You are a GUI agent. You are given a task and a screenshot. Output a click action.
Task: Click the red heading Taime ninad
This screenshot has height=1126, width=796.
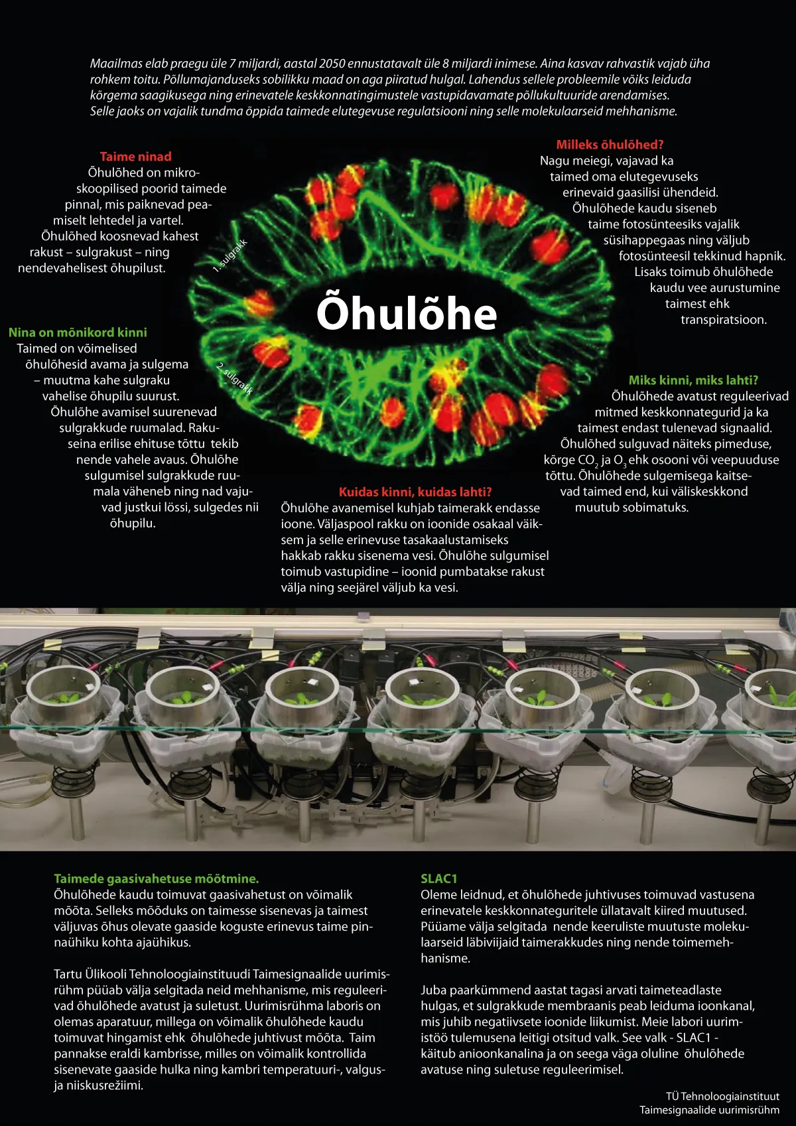click(x=136, y=157)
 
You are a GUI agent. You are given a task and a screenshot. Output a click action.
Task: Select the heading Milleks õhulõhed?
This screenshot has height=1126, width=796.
click(x=610, y=145)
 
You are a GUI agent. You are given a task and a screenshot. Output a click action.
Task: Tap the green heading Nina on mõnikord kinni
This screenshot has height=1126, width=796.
click(x=78, y=332)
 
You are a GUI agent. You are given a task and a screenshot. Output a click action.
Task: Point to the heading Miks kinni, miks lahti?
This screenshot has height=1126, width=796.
click(x=693, y=380)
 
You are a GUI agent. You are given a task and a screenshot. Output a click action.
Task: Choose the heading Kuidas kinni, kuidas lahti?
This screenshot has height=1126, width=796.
click(x=415, y=492)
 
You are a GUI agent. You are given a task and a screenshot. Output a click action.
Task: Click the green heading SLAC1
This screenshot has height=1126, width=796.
click(x=438, y=879)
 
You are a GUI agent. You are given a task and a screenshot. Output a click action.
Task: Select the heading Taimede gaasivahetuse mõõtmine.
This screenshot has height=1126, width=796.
click(x=157, y=879)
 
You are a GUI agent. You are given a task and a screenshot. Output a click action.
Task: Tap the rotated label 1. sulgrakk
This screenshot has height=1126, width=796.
click(x=230, y=256)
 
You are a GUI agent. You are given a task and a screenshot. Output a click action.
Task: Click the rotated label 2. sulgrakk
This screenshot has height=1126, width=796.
click(x=235, y=378)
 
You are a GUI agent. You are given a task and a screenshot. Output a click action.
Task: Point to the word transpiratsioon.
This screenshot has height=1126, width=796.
click(x=724, y=320)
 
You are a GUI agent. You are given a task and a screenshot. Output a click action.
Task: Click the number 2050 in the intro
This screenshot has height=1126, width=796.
click(x=332, y=63)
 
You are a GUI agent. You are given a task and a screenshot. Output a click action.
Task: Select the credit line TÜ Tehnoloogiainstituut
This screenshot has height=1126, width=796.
click(x=722, y=1096)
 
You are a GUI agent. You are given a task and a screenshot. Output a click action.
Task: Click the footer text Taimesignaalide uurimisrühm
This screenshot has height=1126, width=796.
click(x=710, y=1110)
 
